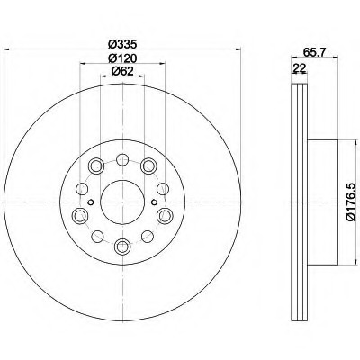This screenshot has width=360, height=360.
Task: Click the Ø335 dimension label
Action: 122,45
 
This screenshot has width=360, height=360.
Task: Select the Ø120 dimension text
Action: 122,58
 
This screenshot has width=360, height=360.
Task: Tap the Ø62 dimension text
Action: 122,71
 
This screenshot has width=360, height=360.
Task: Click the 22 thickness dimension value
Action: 299,68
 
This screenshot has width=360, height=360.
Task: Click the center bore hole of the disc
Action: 122,202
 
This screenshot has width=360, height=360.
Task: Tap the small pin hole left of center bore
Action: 91,202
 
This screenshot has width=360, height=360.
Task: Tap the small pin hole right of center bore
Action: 154,202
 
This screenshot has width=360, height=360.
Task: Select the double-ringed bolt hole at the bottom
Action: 122,247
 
